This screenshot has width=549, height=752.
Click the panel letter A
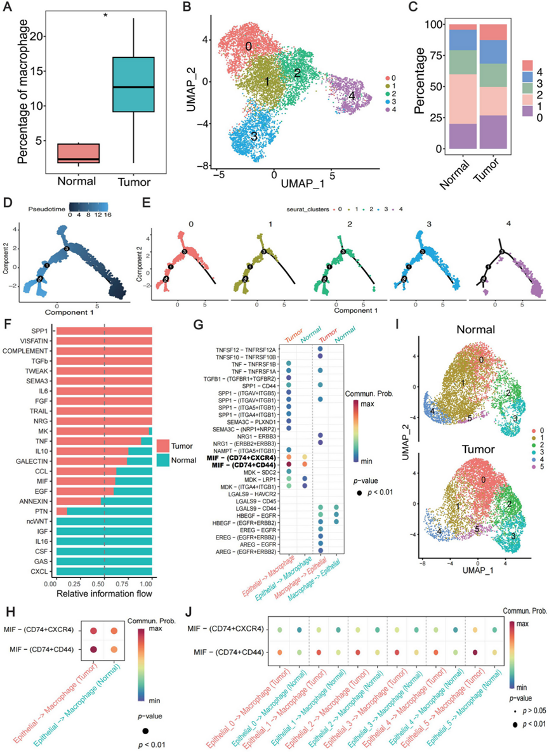[x=11, y=8]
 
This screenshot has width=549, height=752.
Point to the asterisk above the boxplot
[x=107, y=13]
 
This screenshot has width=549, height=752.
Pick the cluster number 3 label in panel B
[x=255, y=136]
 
